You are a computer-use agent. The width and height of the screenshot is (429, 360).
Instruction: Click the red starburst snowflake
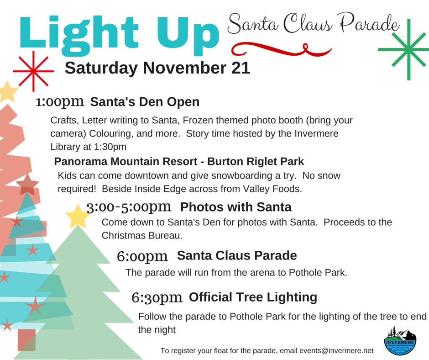(x=33, y=71)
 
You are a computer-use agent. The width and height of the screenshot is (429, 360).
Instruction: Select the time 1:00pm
(x=60, y=101)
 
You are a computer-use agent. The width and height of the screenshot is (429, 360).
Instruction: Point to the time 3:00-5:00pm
(x=129, y=207)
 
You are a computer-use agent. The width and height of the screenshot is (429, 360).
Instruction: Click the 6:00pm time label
(x=142, y=256)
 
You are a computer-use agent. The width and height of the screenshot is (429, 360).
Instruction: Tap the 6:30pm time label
(x=157, y=298)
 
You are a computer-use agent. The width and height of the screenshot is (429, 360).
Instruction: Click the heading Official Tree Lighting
(x=253, y=297)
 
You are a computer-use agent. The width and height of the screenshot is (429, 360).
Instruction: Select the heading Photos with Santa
(x=235, y=207)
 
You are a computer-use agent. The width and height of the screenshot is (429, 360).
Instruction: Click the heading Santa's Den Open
(x=145, y=101)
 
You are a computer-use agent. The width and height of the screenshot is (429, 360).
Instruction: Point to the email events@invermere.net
(x=336, y=350)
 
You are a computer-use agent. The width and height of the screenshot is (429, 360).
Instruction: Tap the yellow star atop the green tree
(x=77, y=216)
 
